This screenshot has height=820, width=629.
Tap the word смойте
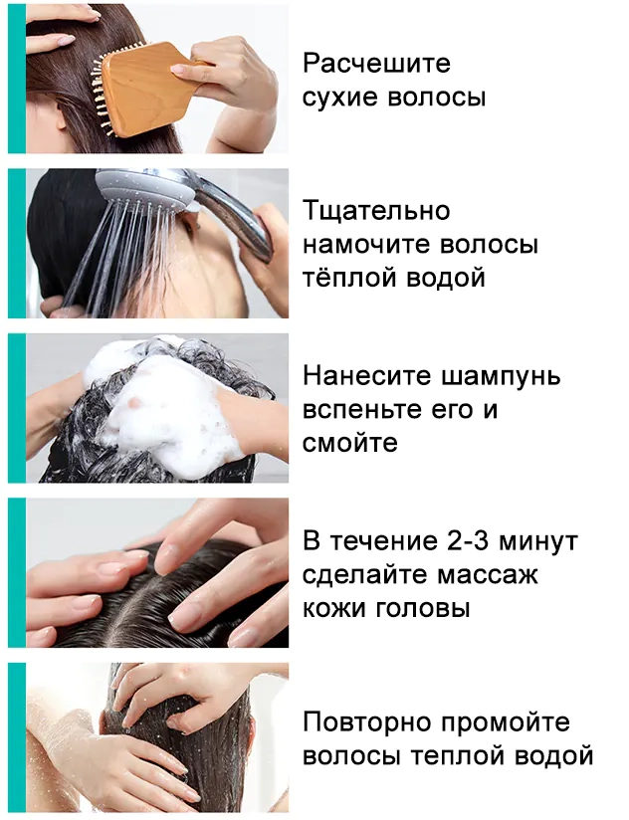pyautogui.click(x=349, y=443)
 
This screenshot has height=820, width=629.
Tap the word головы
pyautogui.click(x=421, y=608)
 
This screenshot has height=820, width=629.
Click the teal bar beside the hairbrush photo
pyautogui.click(x=17, y=79)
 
